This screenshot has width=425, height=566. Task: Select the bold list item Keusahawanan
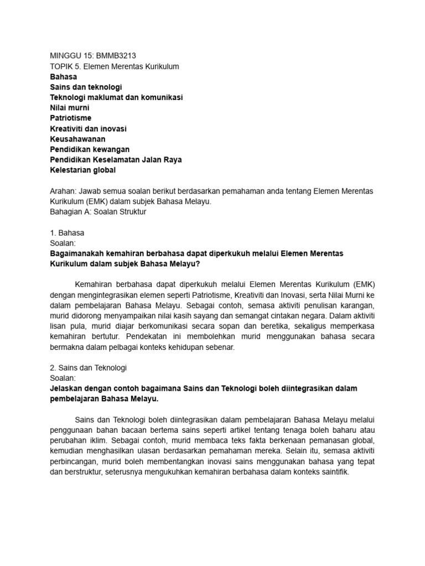pyautogui.click(x=77, y=139)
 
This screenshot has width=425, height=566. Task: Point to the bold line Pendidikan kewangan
pyautogui.click(x=90, y=149)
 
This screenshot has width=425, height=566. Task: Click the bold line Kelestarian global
pyautogui.click(x=82, y=170)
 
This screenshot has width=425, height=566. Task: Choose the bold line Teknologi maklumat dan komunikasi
pyautogui.click(x=116, y=97)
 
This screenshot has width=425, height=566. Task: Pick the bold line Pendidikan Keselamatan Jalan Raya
pyautogui.click(x=116, y=160)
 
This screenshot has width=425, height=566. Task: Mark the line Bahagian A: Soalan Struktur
pyautogui.click(x=98, y=212)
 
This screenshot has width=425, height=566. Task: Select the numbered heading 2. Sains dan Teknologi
pyautogui.click(x=89, y=368)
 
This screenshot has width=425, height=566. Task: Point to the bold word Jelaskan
pyautogui.click(x=66, y=389)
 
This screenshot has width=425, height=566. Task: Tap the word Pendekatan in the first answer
pyautogui.click(x=175, y=336)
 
